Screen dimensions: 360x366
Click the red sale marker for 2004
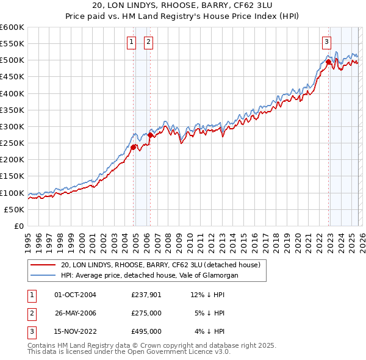point(133,146)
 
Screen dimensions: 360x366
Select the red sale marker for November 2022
point(328,61)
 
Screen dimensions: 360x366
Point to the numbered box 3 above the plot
point(327,42)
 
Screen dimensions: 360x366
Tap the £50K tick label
point(14,209)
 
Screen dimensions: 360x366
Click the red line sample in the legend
point(43,265)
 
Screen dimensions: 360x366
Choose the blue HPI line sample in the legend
point(43,275)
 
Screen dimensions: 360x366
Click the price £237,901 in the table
point(146,295)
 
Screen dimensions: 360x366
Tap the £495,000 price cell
point(146,331)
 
